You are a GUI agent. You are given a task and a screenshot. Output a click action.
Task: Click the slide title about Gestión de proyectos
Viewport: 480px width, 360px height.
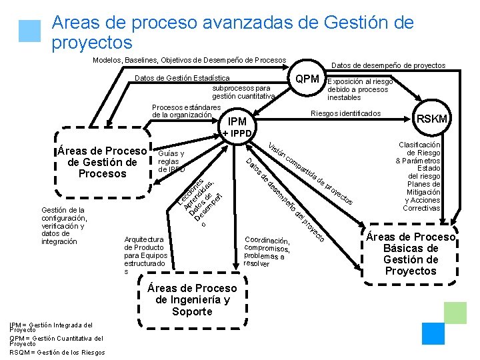(232, 33)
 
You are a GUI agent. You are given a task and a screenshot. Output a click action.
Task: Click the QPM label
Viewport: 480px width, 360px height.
(307, 79)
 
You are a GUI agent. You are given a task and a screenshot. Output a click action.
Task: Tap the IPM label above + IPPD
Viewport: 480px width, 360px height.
(237, 122)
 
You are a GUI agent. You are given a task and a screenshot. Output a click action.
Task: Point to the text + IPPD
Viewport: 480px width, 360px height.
(237, 133)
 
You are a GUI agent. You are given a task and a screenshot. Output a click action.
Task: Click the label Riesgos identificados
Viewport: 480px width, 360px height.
(346, 113)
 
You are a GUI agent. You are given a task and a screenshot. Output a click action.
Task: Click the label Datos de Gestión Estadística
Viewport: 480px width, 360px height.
(183, 79)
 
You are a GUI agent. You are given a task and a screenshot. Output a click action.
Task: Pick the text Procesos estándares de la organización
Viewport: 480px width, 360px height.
(186, 111)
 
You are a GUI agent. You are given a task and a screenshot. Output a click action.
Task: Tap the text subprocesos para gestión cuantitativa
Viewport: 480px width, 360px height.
(242, 92)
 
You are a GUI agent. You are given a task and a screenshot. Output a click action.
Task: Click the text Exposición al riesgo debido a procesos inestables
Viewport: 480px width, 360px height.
(360, 89)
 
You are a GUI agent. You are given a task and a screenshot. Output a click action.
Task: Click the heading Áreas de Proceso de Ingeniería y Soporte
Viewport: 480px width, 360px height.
(192, 299)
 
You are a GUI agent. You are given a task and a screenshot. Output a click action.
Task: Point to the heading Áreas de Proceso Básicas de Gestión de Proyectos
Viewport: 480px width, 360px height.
(411, 254)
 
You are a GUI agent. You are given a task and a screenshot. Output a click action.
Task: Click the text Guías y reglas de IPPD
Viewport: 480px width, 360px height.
(171, 161)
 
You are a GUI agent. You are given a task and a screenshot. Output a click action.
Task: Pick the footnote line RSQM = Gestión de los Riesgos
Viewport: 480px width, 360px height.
(57, 352)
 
